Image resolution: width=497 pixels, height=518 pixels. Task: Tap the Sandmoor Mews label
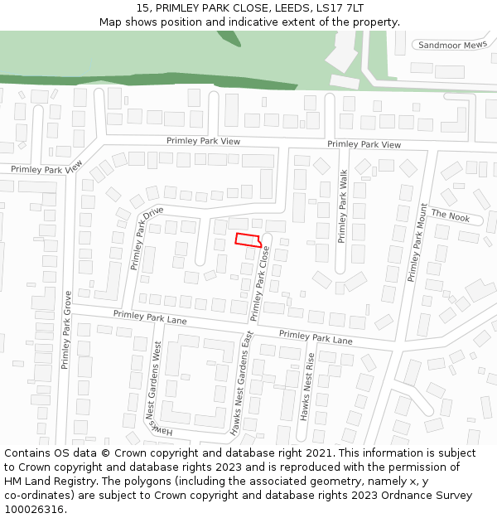(452, 45)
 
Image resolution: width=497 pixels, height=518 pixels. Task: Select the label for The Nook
(450, 215)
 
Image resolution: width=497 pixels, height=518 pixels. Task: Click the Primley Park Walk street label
(343, 206)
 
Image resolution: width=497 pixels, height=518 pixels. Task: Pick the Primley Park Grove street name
(65, 329)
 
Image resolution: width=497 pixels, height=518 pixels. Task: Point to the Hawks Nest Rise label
(306, 387)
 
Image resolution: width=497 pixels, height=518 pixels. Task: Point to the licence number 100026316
(34, 510)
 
